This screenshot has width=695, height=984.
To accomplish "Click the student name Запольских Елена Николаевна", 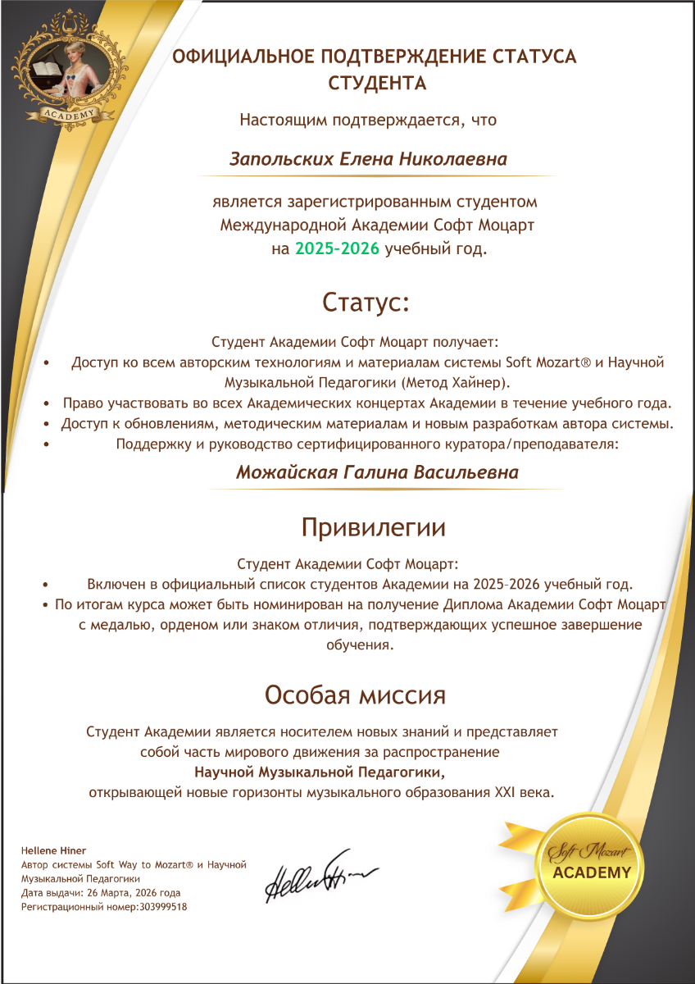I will tap(368, 159).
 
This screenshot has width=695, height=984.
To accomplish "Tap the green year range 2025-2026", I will tap(338, 249).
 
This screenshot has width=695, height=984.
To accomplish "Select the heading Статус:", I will tap(366, 302).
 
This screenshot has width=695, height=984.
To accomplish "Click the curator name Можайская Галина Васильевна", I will tap(377, 473).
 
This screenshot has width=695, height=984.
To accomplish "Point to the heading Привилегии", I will tap(374, 526).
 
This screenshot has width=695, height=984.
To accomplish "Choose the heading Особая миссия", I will tap(355, 695).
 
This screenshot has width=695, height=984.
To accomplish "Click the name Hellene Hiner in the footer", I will tap(53, 850).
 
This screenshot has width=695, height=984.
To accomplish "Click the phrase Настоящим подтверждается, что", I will tap(368, 120).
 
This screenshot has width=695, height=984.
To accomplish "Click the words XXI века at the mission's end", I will tap(525, 793).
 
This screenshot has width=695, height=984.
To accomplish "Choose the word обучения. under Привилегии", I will tap(360, 645).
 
